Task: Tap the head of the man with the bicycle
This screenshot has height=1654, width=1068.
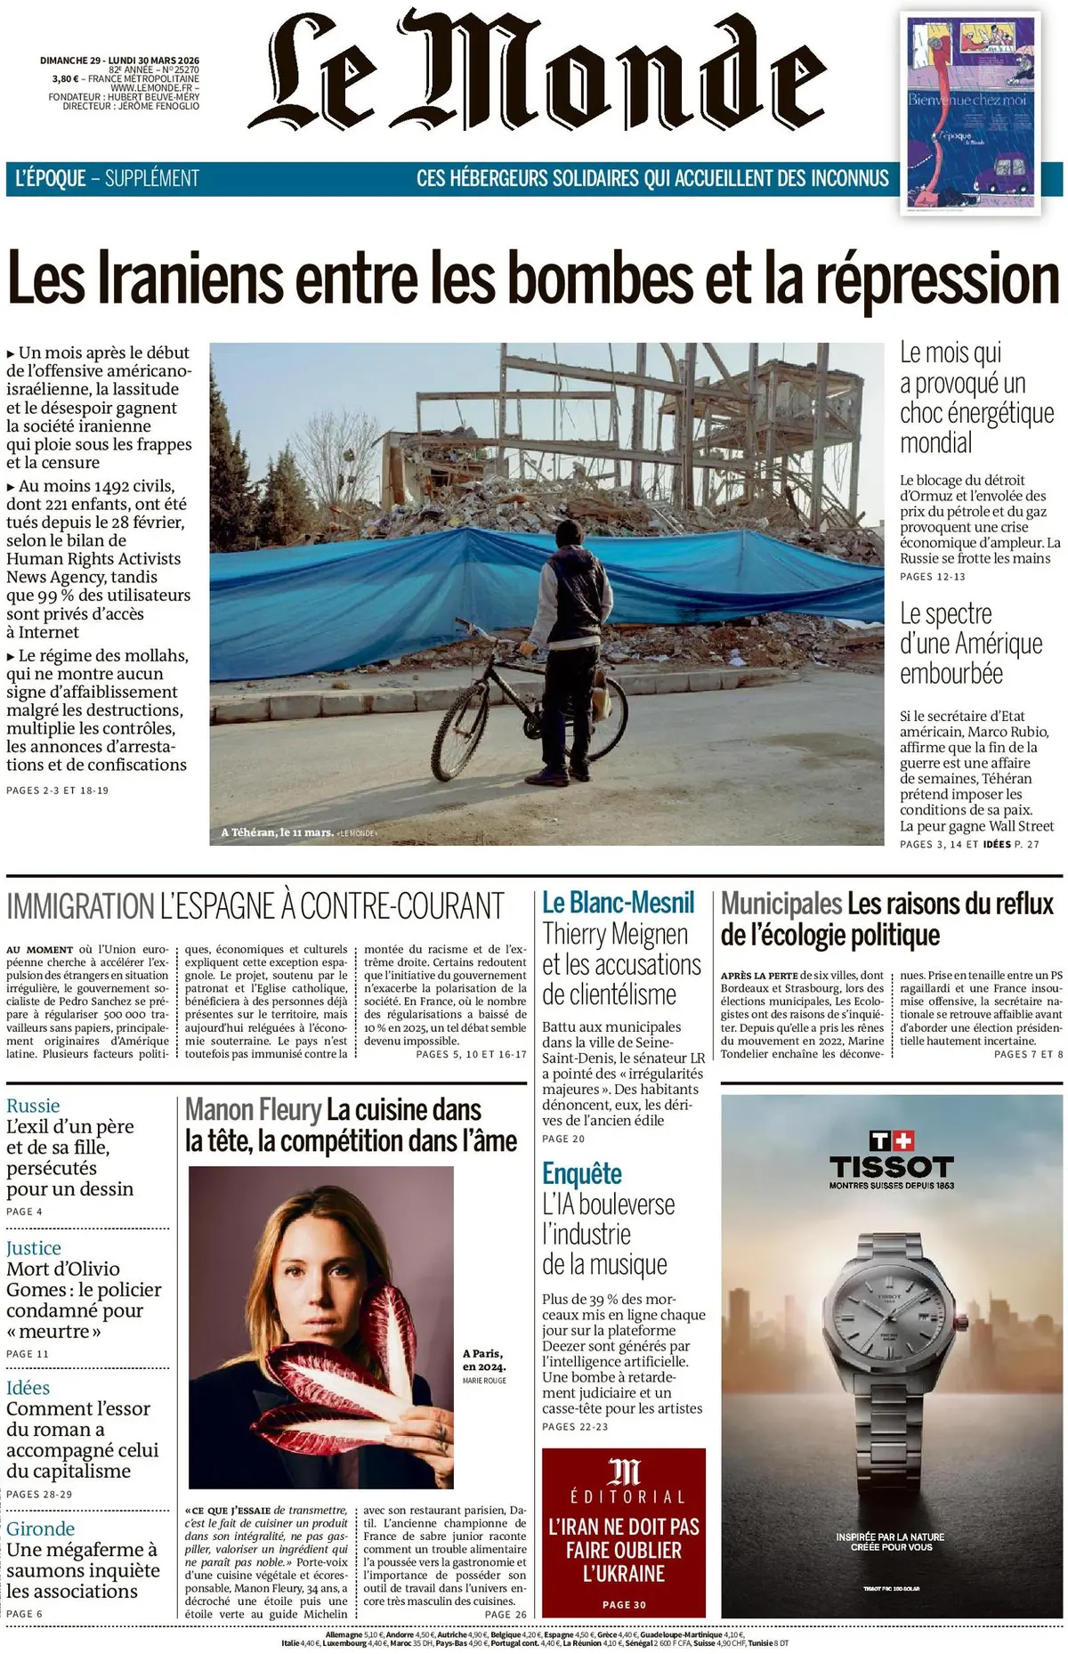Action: pyautogui.click(x=569, y=535)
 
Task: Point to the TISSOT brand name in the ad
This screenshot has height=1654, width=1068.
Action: pyautogui.click(x=891, y=1167)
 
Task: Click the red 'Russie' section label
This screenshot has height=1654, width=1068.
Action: pyautogui.click(x=33, y=1106)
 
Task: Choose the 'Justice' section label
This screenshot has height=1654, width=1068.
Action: pyautogui.click(x=34, y=1248)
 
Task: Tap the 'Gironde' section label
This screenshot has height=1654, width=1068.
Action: pyautogui.click(x=40, y=1528)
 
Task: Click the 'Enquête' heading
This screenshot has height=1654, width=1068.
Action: pyautogui.click(x=582, y=1173)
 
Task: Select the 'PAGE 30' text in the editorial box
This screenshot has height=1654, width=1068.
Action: pyautogui.click(x=624, y=1604)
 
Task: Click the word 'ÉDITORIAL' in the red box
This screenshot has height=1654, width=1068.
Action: pyautogui.click(x=624, y=1496)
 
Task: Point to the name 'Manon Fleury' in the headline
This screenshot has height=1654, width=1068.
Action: pyautogui.click(x=253, y=1110)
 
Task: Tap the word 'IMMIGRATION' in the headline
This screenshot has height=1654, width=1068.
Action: pyautogui.click(x=80, y=906)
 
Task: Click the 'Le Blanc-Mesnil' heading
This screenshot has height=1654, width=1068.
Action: pyautogui.click(x=618, y=903)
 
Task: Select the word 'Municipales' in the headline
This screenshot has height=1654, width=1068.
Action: pyautogui.click(x=781, y=904)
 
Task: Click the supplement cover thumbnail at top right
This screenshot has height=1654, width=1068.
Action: pyautogui.click(x=970, y=113)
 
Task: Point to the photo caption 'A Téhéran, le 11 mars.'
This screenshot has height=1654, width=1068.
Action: pyautogui.click(x=277, y=832)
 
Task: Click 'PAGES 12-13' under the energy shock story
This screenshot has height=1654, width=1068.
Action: pyautogui.click(x=932, y=577)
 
